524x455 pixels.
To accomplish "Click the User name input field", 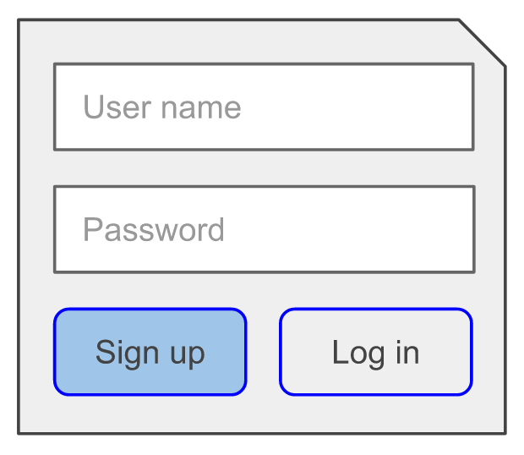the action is [x=264, y=107].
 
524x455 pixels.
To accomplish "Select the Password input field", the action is [x=264, y=229].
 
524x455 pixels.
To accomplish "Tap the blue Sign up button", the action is [x=150, y=352].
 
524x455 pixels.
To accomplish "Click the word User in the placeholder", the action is [x=117, y=107].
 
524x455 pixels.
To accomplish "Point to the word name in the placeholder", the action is [x=201, y=108].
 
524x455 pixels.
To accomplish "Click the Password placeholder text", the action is [x=153, y=229].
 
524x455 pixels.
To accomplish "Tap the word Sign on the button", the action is [x=127, y=354].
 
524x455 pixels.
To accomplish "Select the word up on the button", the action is [x=187, y=356].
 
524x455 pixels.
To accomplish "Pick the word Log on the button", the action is [x=358, y=354].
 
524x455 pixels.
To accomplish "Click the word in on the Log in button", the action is [x=407, y=352].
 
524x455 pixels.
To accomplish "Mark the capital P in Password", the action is [x=93, y=229].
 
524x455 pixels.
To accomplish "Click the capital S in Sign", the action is [x=106, y=352].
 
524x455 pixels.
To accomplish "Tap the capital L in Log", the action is [x=341, y=352].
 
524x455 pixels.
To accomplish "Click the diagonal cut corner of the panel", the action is [x=483, y=43].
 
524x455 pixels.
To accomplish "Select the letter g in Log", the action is [x=376, y=357].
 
